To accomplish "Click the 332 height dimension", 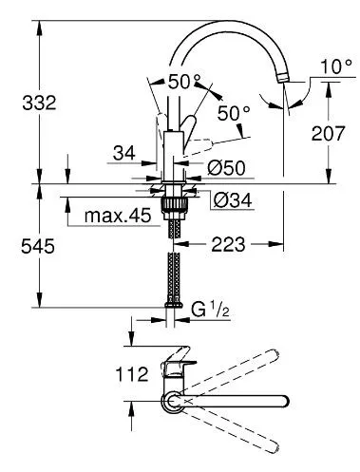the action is coord(39,103).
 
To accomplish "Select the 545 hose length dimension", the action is coord(38,246).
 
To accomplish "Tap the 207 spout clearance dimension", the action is coord(328,133).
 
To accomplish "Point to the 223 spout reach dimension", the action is coord(228,244).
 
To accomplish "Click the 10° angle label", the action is coord(336,66).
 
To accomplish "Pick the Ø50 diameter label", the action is coord(226,168).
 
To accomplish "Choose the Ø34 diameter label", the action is coord(233,200).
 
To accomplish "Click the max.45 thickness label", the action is coord(118,216).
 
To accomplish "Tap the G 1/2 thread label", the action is coord(210,310).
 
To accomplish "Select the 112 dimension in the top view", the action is coord(132,374).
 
